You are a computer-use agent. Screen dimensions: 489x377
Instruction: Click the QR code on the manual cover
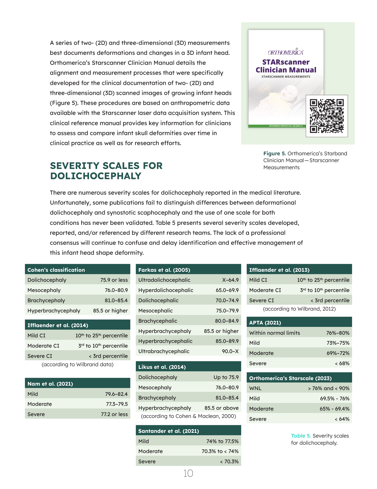327,116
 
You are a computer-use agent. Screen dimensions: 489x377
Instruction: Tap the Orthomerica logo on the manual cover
286,52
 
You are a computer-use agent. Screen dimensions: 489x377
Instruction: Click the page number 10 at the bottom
188,473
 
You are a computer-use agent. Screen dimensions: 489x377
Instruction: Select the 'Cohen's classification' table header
56,270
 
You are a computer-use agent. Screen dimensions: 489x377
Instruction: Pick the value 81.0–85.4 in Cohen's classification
116,300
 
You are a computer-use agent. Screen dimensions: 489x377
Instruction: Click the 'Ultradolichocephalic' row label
164,280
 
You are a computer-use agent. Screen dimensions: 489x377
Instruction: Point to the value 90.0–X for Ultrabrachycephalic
230,351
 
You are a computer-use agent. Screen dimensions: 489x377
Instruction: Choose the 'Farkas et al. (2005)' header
164,270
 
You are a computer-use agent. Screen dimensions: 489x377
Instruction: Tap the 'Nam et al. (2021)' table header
50,384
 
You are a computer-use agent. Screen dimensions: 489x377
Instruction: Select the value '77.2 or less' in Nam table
114,414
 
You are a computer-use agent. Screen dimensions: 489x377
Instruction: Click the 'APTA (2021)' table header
265,323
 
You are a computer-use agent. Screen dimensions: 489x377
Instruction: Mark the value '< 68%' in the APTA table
342,363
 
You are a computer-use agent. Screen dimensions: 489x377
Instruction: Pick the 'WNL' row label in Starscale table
255,388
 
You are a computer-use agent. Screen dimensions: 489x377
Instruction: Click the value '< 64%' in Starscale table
342,419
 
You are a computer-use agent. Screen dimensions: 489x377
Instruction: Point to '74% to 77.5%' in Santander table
223,441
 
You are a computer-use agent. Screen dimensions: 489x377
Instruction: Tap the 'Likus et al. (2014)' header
162,367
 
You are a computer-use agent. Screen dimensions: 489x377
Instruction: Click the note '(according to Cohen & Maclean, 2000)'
188,416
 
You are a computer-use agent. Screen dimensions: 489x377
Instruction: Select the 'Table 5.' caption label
301,436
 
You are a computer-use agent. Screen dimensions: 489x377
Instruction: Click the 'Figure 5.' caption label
274,153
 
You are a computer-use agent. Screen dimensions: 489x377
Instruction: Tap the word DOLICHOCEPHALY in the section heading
96,176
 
